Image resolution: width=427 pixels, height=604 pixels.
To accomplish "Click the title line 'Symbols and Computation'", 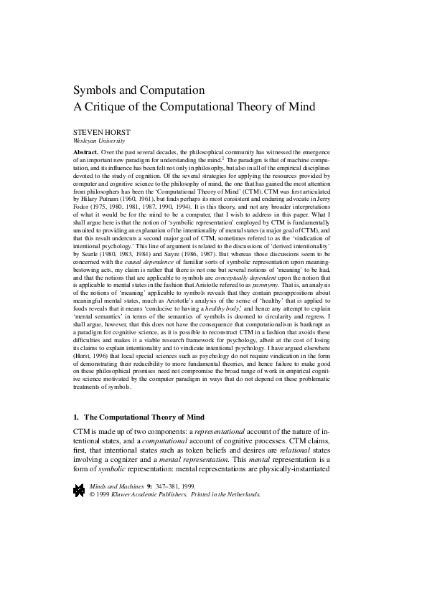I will click(x=139, y=91).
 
